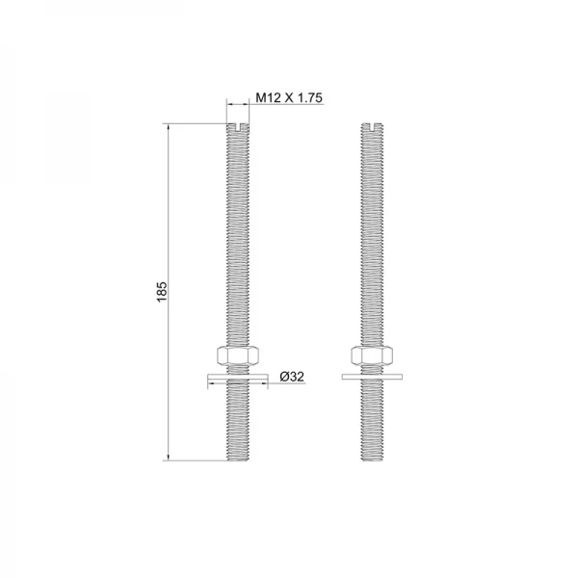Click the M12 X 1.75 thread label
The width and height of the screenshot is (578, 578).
[x=289, y=97]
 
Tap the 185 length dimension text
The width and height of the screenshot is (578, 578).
[x=162, y=292]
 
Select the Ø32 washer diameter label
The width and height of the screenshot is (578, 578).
[x=292, y=377]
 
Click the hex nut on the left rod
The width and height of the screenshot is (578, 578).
[x=238, y=355]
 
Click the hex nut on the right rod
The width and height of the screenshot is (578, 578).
[x=372, y=355]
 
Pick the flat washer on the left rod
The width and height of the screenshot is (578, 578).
[x=238, y=377]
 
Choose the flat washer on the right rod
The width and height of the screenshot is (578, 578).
[x=372, y=377]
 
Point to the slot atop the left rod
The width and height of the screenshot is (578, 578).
[x=238, y=127]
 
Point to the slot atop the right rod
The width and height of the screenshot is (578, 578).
[x=372, y=127]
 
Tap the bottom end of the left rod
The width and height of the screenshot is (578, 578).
[x=238, y=460]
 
